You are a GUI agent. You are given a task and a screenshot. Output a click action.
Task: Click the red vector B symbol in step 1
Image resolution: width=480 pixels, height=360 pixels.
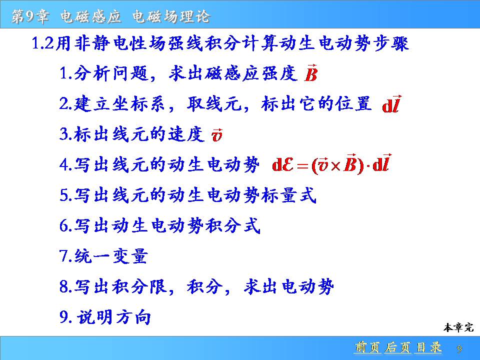310,73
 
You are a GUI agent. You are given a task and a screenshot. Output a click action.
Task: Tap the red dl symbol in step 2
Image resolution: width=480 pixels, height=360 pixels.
391,104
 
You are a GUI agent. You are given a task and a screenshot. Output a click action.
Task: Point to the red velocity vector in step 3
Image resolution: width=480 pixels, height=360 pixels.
216,135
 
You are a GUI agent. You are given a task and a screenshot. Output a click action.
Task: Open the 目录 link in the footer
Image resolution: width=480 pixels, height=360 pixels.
428,347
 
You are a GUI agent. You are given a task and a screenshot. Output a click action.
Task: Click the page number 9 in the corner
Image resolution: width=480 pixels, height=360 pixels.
459,348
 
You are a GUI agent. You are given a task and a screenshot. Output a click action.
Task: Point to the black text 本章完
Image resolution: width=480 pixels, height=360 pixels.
458,327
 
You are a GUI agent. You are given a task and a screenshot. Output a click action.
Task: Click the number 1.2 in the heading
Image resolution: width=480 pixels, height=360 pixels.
43,43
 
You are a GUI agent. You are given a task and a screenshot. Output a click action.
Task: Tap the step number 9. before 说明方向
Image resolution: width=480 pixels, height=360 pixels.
66,317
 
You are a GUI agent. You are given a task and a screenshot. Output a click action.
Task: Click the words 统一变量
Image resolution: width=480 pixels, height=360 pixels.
111,256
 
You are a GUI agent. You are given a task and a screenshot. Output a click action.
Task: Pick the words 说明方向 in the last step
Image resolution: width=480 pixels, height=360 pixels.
114,317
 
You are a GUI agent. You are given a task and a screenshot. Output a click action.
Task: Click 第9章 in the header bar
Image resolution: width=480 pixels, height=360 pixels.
30,16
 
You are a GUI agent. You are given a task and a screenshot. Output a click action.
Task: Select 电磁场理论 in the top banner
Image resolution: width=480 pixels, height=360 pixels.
171,16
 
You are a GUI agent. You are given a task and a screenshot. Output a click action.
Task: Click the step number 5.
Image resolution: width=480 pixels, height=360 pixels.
65,195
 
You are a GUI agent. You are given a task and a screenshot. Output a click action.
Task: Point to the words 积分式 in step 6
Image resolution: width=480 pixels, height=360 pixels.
233,225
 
